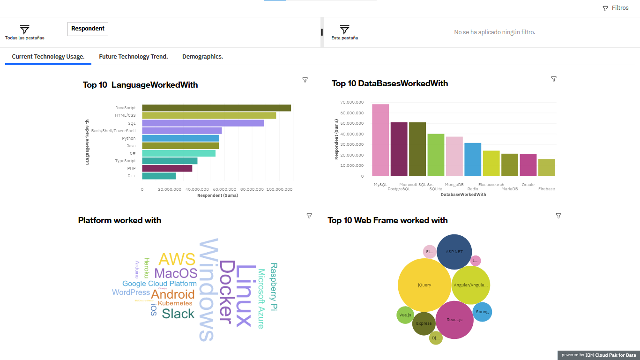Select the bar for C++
pyautogui.click(x=159, y=176)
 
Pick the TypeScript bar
pyautogui.click(x=170, y=161)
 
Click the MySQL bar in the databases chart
pyautogui.click(x=380, y=140)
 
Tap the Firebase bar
pyautogui.click(x=546, y=167)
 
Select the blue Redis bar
pyautogui.click(x=473, y=159)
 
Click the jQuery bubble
pyautogui.click(x=424, y=285)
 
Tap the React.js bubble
pyautogui.click(x=454, y=320)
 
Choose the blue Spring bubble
pyautogui.click(x=482, y=312)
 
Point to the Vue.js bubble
pyautogui.click(x=405, y=315)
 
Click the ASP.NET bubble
pyautogui.click(x=454, y=252)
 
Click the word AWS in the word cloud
pyautogui.click(x=177, y=259)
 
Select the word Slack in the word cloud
pyautogui.click(x=178, y=314)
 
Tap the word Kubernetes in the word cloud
pyautogui.click(x=175, y=303)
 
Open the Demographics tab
pyautogui.click(x=202, y=57)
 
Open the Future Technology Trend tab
pyautogui.click(x=133, y=57)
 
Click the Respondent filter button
pyautogui.click(x=88, y=29)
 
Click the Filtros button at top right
pyautogui.click(x=616, y=8)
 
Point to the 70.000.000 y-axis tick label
pyautogui.click(x=352, y=102)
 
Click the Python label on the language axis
pyautogui.click(x=129, y=138)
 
